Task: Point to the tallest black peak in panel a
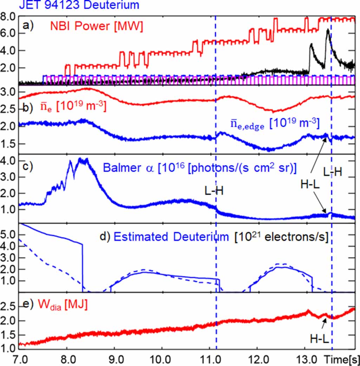click(327, 30)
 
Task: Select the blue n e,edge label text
click(274, 124)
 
